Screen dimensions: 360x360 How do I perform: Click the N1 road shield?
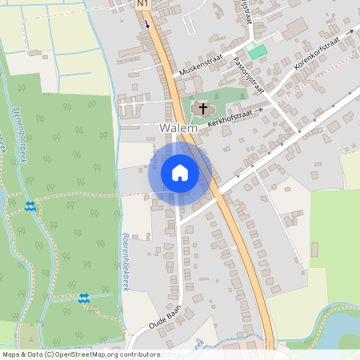(143, 4)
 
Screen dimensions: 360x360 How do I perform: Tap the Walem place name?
(178, 128)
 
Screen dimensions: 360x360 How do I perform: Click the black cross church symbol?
(203, 108)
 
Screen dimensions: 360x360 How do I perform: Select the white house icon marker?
(180, 172)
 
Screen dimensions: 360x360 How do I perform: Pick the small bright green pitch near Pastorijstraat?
(256, 51)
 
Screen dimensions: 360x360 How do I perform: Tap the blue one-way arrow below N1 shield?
(147, 22)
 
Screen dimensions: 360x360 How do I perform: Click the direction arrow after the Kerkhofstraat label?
(260, 105)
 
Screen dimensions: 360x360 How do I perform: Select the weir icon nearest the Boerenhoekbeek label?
(83, 298)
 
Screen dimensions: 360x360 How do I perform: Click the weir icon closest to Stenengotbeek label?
(30, 206)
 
